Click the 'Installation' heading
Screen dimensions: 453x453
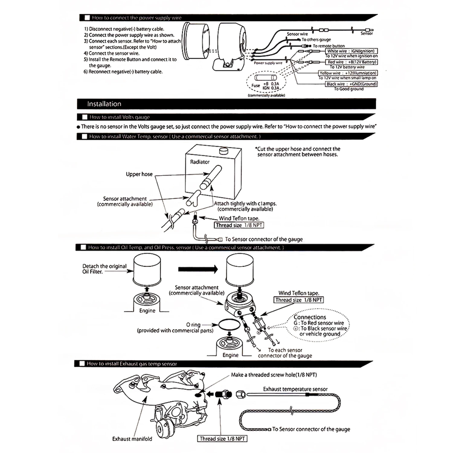104,104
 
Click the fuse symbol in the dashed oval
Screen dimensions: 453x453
266,78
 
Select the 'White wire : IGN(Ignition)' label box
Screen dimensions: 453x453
351,51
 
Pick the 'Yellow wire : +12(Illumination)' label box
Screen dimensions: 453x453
348,73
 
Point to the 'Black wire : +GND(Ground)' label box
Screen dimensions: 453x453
351,84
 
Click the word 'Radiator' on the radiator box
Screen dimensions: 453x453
200,162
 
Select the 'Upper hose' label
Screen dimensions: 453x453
139,174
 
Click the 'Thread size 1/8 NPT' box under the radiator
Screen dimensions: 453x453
239,225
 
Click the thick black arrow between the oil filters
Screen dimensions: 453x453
198,269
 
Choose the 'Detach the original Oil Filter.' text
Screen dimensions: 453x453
104,269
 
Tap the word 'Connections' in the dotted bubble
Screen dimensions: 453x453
310,317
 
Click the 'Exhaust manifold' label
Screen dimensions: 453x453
132,439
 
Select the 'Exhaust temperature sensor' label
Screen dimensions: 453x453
295,389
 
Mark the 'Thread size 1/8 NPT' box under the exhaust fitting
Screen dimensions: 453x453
222,439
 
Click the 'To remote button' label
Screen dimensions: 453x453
329,46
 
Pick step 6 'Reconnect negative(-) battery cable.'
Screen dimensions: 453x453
123,72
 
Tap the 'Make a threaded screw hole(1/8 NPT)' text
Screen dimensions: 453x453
274,375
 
